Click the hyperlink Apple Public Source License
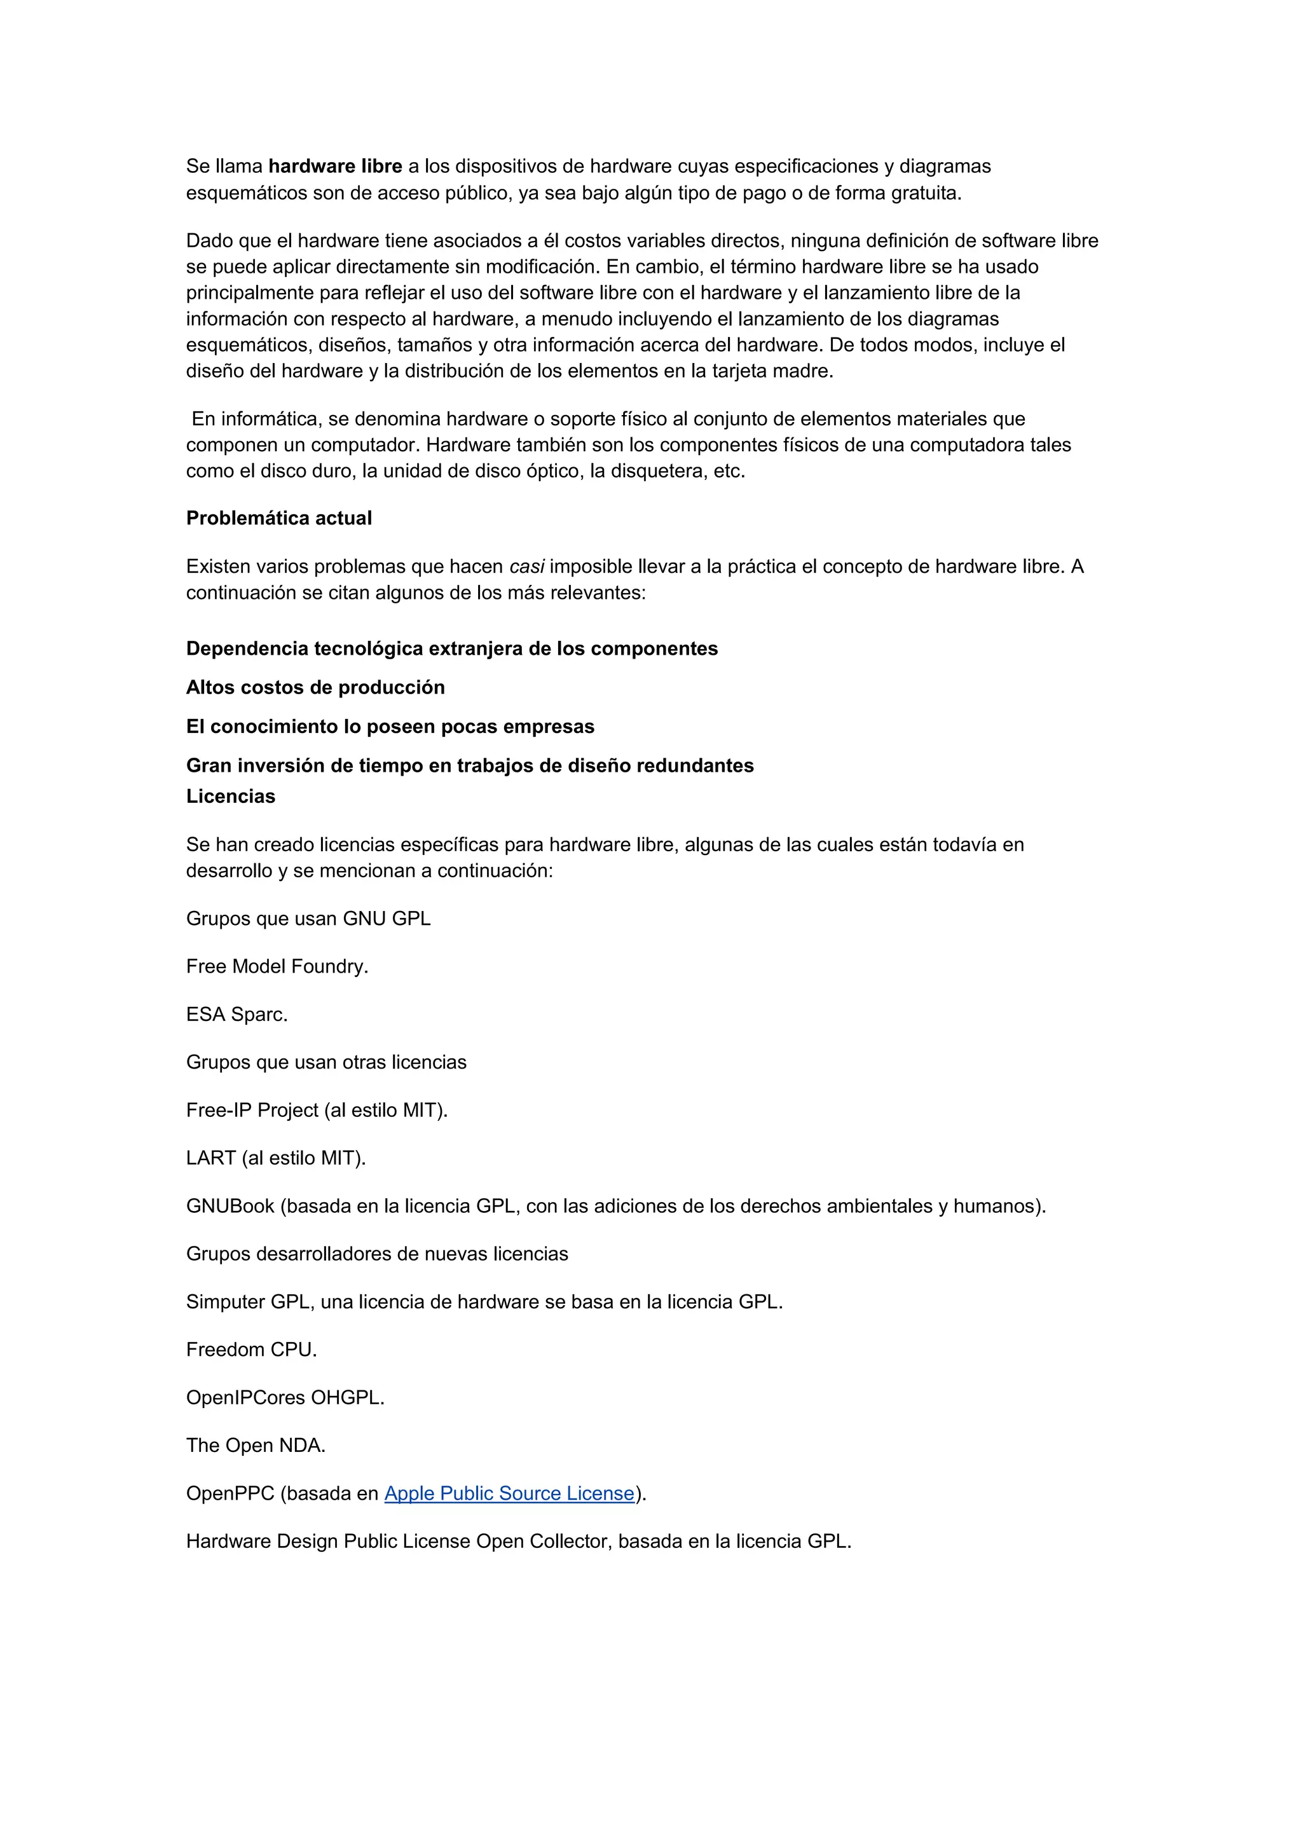click(x=509, y=1493)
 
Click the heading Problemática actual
click(x=279, y=518)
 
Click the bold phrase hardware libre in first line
click(x=335, y=166)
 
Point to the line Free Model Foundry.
click(x=277, y=966)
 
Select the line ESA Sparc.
click(x=236, y=1015)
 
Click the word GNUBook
click(x=230, y=1206)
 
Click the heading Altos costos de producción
click(x=315, y=687)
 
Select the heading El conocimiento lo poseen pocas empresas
click(x=390, y=727)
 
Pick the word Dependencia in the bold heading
click(x=247, y=648)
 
